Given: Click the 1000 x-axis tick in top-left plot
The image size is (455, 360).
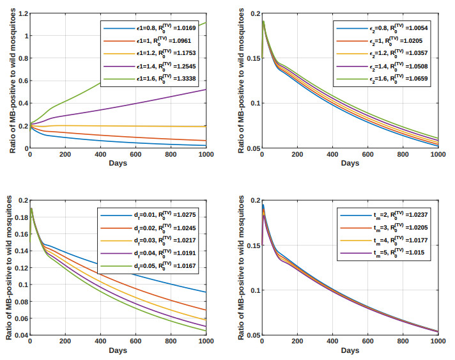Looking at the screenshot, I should point(206,155).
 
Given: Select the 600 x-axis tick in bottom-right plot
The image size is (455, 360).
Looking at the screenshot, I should point(367,343).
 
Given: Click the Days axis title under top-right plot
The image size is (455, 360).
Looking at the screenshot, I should point(350,164).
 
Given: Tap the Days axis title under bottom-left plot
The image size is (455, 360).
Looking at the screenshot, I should point(118,351).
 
